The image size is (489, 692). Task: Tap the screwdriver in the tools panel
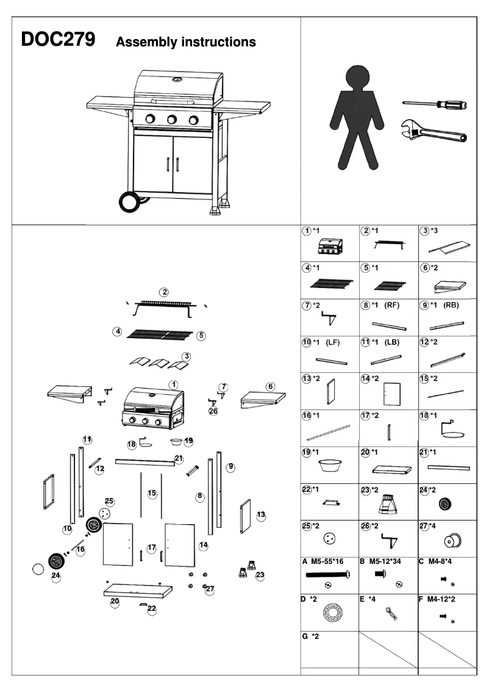point(434,105)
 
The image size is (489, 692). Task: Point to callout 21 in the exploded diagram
point(179,458)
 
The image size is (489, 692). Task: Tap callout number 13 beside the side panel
point(261,515)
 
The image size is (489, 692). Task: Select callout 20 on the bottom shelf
point(115,601)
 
